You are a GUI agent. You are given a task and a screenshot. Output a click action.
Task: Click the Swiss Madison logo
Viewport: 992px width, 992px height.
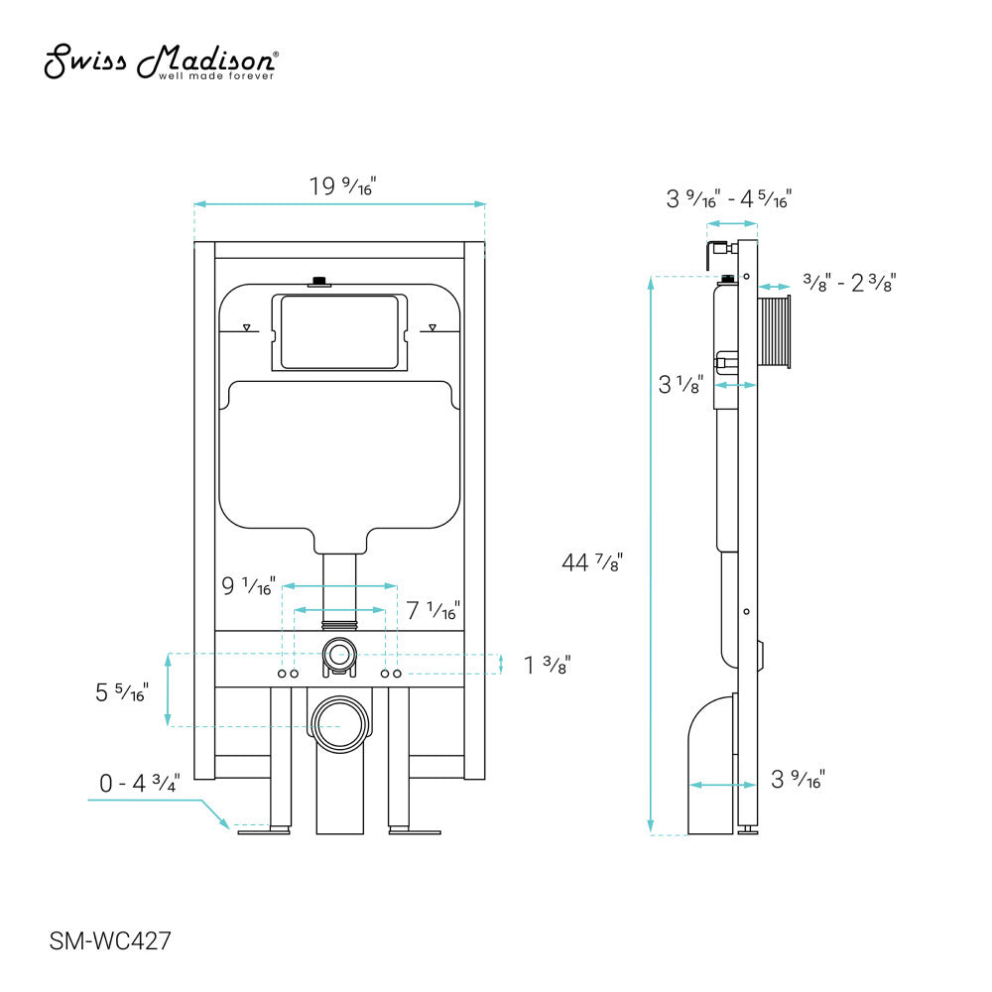click(162, 62)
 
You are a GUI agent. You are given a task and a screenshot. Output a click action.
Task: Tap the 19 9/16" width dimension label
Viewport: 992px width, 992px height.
click(343, 186)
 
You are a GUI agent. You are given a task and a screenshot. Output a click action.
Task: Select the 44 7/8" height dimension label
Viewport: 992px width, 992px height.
click(592, 562)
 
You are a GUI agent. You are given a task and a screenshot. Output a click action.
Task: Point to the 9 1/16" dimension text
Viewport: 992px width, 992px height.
click(248, 587)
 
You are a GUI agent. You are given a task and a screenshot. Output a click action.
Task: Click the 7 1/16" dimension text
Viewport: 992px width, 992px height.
click(434, 610)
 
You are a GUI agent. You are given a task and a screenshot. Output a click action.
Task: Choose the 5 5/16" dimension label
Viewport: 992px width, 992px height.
click(122, 692)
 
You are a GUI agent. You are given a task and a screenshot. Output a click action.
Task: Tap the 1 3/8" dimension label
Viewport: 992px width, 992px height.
click(547, 664)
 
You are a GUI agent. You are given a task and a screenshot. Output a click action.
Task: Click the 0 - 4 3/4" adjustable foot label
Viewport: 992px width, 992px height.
click(139, 783)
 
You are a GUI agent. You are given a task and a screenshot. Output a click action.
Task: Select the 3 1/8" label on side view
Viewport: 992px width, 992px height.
click(681, 385)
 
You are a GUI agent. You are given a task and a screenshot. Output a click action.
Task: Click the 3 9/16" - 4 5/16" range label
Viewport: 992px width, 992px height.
click(728, 199)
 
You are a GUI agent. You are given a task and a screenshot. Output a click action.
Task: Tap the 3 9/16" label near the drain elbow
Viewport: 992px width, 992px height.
click(798, 780)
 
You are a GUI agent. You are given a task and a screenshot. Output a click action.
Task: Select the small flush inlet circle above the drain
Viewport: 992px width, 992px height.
click(339, 654)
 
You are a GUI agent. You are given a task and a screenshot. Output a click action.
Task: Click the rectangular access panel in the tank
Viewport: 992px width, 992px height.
click(339, 332)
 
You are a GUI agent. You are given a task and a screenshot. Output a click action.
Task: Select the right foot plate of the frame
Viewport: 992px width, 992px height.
click(415, 831)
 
